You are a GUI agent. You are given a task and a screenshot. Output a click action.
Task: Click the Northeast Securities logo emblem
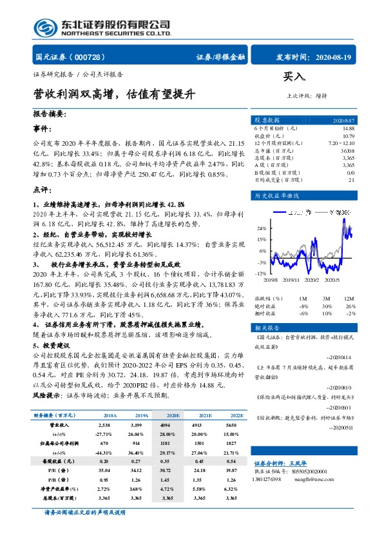pyautogui.click(x=46, y=27)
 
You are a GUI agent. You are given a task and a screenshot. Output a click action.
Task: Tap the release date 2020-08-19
pyautogui.click(x=335, y=57)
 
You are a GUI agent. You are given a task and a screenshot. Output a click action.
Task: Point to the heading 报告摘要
pyautogui.click(x=49, y=114)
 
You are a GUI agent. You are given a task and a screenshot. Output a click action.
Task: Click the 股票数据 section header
pyautogui.click(x=267, y=120)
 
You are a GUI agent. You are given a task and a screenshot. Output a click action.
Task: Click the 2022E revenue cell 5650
pyautogui.click(x=230, y=426)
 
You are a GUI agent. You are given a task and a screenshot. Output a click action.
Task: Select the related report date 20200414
pyautogui.click(x=340, y=357)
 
